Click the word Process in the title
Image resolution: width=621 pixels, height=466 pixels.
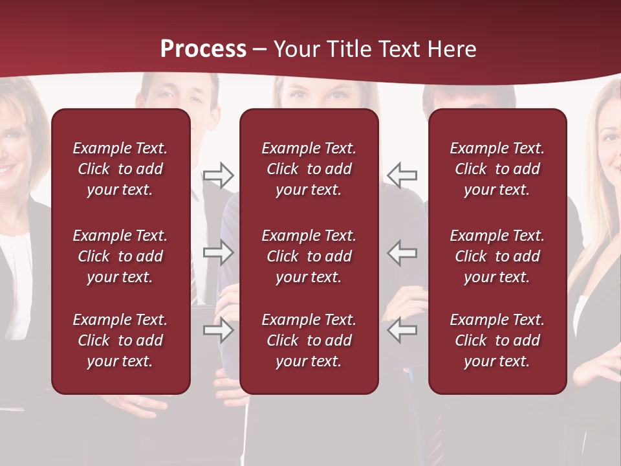click(203, 49)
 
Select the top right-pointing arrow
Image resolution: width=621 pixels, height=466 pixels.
click(218, 175)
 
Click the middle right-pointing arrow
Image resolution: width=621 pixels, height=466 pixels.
click(218, 252)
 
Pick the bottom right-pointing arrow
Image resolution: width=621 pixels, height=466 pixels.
click(218, 330)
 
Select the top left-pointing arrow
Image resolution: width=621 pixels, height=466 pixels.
click(402, 175)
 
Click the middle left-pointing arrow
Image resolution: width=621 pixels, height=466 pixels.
click(402, 252)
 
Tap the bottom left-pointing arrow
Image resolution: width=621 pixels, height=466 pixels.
click(402, 330)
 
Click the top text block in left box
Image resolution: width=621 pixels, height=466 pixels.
click(120, 169)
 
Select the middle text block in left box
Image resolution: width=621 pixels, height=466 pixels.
click(120, 256)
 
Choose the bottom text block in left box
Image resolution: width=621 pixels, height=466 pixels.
click(120, 340)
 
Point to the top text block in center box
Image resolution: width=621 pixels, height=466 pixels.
click(309, 169)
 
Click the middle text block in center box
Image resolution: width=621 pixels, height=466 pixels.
click(309, 256)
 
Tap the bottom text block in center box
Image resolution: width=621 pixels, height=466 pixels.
click(309, 340)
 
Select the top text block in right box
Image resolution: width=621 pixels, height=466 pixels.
click(497, 169)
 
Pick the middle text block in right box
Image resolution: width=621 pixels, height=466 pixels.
click(497, 256)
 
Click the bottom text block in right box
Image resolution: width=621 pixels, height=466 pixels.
click(497, 340)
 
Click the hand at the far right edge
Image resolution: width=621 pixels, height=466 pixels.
click(598, 369)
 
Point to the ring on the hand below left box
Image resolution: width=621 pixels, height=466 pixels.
click(138, 401)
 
